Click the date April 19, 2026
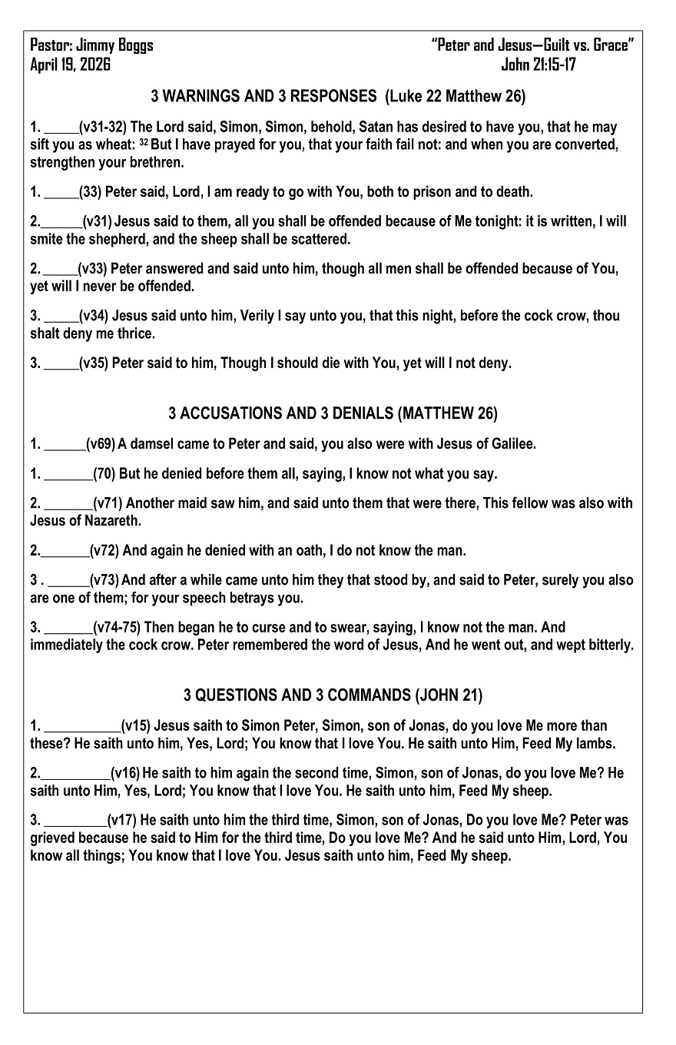click(70, 65)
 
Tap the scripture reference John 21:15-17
click(538, 65)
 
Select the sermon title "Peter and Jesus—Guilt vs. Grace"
click(533, 45)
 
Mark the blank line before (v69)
click(65, 445)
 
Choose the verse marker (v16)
click(125, 774)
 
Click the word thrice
click(136, 333)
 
